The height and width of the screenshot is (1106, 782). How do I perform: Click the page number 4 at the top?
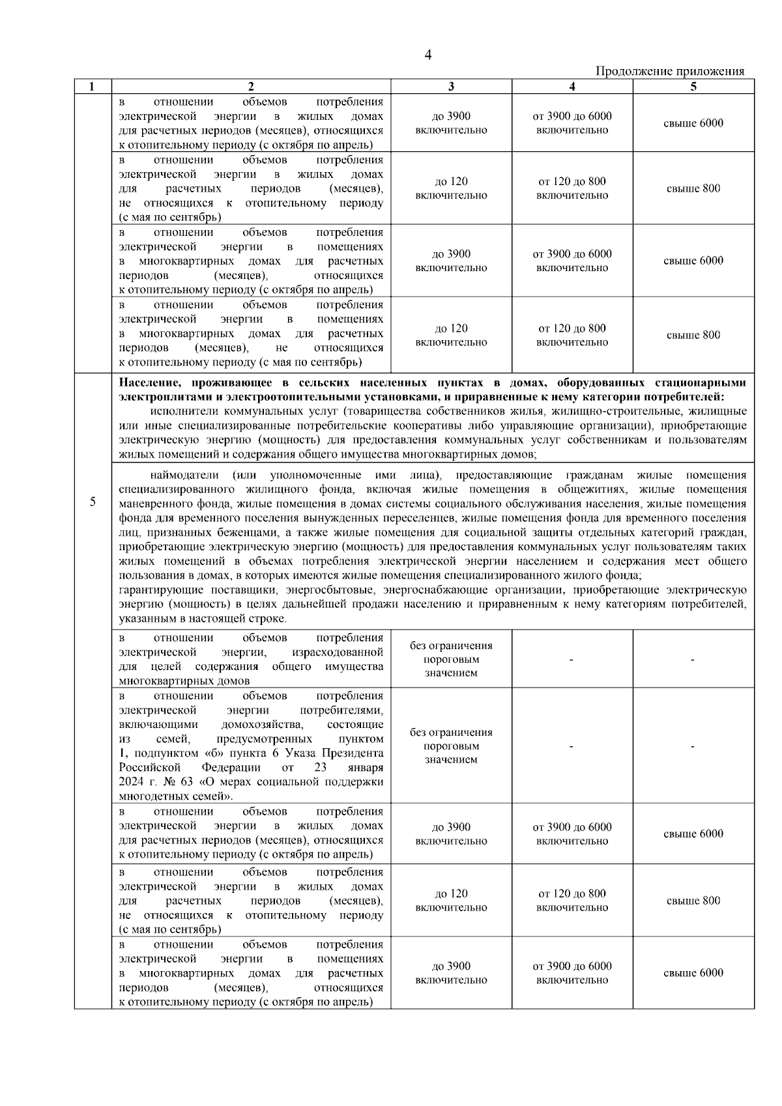427,55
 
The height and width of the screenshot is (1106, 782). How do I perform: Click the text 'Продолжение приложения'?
670,72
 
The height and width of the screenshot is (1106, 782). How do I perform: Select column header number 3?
451,87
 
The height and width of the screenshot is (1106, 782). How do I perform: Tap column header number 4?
572,87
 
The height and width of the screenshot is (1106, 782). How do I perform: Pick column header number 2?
251,87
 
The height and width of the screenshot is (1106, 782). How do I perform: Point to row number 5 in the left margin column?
93,501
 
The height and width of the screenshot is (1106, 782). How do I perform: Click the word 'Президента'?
355,753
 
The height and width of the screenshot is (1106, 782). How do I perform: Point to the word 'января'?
366,768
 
